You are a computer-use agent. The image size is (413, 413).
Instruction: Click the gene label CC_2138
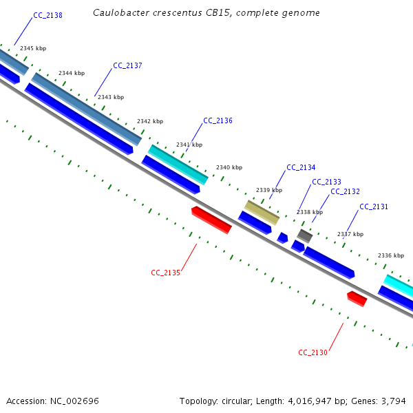47,15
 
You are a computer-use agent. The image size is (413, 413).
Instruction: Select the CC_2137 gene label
127,65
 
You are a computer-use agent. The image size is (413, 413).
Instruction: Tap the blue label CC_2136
218,120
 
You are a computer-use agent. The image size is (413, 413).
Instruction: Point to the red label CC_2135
165,273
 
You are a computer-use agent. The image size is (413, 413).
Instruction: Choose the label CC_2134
301,167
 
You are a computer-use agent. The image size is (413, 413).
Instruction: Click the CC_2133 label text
326,182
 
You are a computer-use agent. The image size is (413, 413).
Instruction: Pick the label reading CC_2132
345,191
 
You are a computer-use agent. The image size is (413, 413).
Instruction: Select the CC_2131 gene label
374,206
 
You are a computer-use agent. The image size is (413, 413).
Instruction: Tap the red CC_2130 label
313,352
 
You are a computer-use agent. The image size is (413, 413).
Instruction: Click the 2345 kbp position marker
33,48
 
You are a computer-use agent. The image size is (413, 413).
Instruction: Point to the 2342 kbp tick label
150,121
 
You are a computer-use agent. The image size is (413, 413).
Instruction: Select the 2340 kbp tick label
229,167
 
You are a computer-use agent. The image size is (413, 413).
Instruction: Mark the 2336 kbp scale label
391,255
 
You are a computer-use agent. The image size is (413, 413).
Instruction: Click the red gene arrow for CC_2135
211,220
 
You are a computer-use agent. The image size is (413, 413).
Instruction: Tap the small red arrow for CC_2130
357,299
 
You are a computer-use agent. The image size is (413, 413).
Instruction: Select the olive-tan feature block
262,213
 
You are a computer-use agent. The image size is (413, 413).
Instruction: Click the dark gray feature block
305,235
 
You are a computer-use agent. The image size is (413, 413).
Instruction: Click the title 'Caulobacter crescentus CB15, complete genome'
206,12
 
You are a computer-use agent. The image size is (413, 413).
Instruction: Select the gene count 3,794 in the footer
394,401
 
